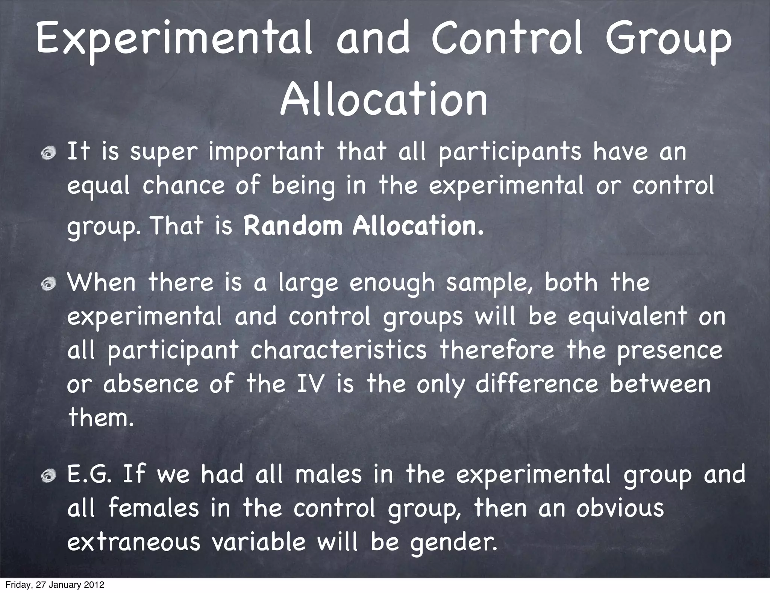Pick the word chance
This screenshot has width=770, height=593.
[x=183, y=186]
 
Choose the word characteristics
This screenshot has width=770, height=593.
[x=338, y=350]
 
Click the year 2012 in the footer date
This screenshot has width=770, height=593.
[x=92, y=585]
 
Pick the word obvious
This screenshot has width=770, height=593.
[x=620, y=508]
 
